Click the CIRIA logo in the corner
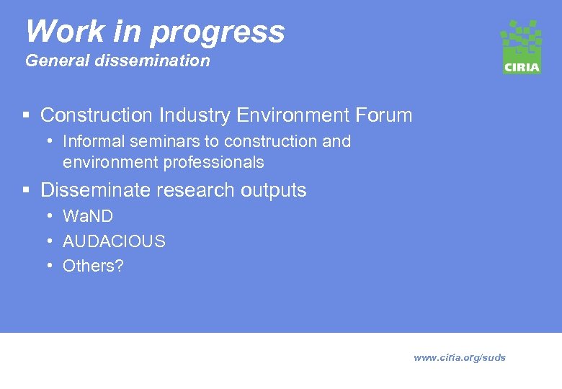pos(521,47)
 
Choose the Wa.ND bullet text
pos(88,216)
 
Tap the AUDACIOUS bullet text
pos(114,241)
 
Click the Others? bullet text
pos(93,266)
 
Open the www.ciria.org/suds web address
pos(460,357)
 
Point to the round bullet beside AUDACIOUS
pos(49,241)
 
